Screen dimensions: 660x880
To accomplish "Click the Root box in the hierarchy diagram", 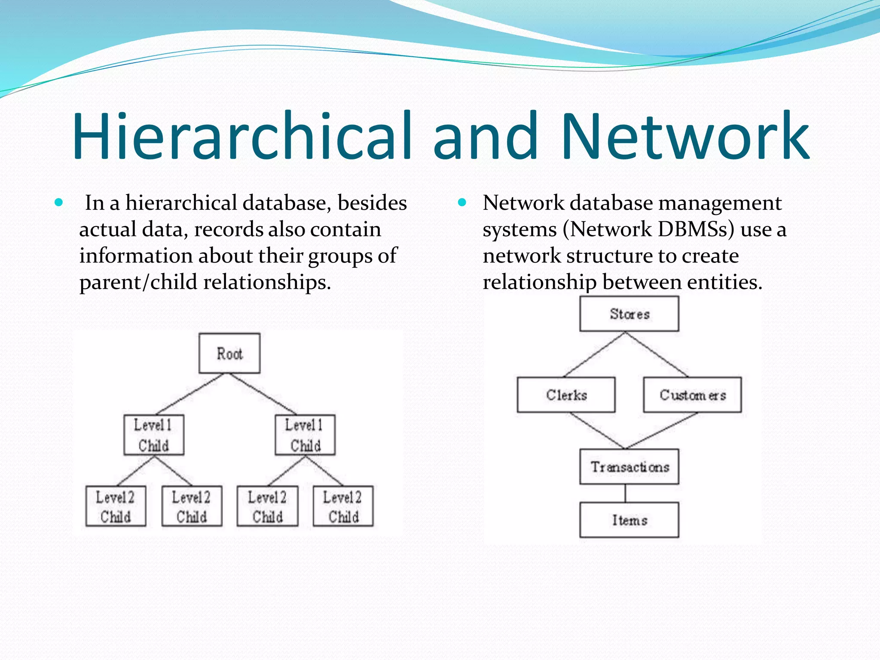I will coord(229,353).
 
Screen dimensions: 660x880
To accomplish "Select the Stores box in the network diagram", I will coord(629,314).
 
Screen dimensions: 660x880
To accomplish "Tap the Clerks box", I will coord(566,395).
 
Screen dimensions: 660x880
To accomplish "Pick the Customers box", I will coord(692,395).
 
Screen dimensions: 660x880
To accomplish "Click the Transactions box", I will coord(629,467).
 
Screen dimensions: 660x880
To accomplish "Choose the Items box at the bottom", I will coord(629,520).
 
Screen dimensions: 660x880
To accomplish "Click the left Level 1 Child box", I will coord(154,435).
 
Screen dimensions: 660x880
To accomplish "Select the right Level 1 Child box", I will coord(305,435).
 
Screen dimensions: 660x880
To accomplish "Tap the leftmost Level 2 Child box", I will coord(116,506).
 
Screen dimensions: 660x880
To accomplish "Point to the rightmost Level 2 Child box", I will coord(343,506).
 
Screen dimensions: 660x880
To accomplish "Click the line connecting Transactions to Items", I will coord(625,493).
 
